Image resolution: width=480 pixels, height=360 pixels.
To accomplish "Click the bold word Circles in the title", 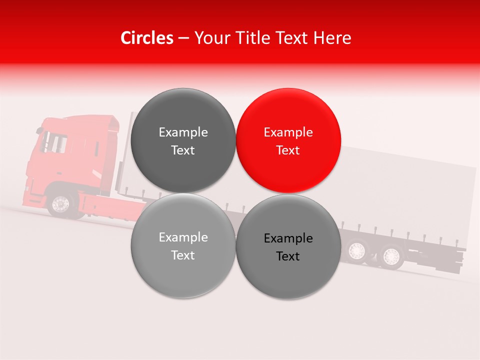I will pos(146,38).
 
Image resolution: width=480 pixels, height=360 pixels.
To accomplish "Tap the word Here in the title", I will pos(332,38).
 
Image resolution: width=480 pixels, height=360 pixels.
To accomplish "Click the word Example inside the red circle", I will pos(288,132).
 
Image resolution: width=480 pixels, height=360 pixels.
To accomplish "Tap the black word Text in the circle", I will pos(288,256).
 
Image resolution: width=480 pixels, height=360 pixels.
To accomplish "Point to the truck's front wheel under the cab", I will pos(60,203).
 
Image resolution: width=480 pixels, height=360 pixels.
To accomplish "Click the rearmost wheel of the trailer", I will pos(390,255).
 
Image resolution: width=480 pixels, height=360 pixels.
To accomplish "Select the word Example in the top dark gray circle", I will pos(183,132).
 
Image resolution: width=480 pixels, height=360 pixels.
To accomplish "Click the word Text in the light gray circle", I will pos(183,255).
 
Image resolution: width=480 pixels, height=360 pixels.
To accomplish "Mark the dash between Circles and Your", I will pos(183,38).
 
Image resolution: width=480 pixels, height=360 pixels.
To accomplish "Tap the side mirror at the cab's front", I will pos(39,131).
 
